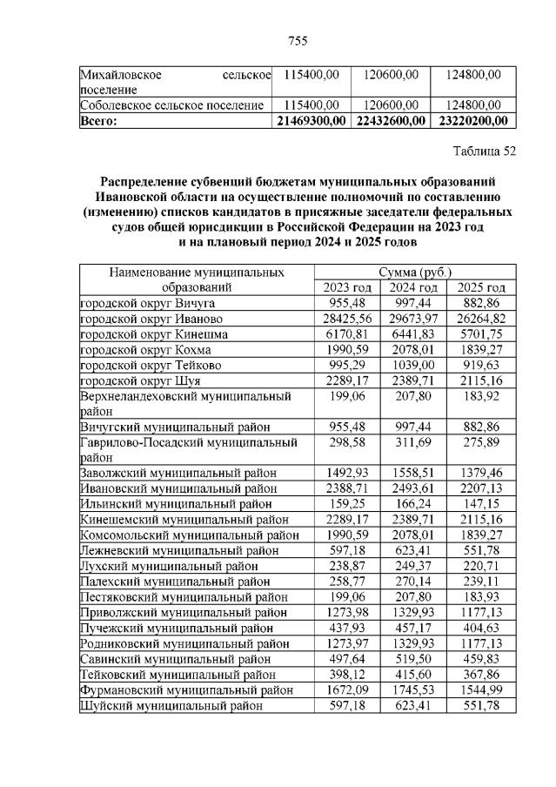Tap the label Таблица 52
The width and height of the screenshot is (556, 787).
click(x=485, y=151)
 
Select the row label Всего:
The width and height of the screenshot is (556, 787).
click(x=97, y=120)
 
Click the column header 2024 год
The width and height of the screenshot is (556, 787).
click(x=412, y=287)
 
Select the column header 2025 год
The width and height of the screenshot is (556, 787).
click(x=480, y=287)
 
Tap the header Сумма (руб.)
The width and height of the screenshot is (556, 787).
click(x=411, y=272)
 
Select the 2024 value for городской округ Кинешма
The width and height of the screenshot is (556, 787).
click(x=412, y=333)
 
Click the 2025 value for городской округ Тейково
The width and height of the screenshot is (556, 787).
click(x=480, y=365)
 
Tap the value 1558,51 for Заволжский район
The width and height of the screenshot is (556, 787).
click(x=412, y=473)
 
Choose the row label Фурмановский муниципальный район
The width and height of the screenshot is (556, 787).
click(x=184, y=689)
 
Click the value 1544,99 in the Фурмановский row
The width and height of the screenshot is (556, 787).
click(x=480, y=689)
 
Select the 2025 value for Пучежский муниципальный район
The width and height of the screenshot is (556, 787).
click(x=480, y=628)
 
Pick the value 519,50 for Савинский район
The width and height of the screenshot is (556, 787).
click(x=412, y=658)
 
